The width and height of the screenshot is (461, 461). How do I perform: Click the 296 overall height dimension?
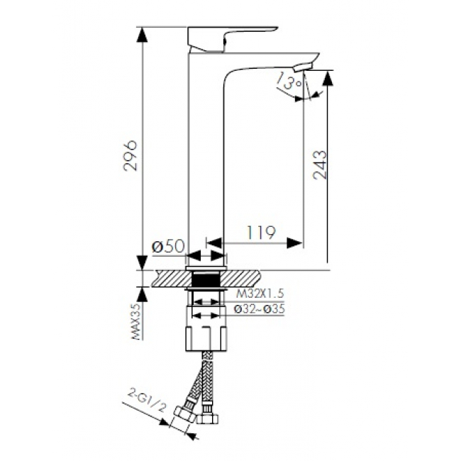130,156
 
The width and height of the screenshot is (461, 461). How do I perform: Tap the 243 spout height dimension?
320,165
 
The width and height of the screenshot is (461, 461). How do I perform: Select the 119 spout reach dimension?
262,233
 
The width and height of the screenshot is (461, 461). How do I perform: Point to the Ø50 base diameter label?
168,246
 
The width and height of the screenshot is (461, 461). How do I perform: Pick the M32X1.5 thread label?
260,294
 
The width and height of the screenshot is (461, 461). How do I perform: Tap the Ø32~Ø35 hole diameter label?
260,309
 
